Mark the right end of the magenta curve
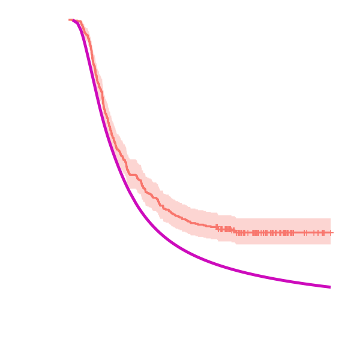click(330, 287)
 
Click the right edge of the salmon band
click(331, 232)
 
